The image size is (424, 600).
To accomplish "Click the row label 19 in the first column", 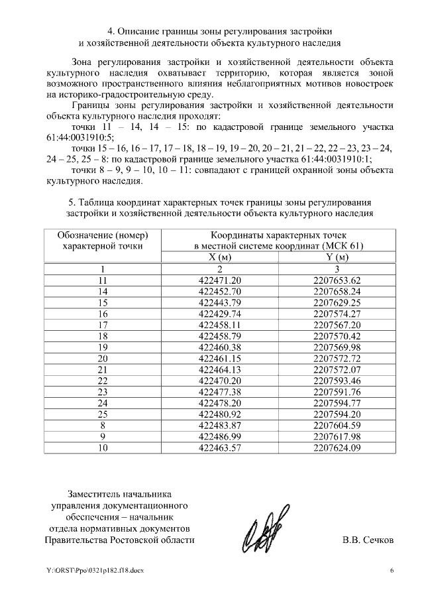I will point(102,347).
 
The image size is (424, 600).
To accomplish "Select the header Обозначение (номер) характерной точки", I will point(102,241).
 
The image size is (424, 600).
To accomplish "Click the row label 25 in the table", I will point(102,414).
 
